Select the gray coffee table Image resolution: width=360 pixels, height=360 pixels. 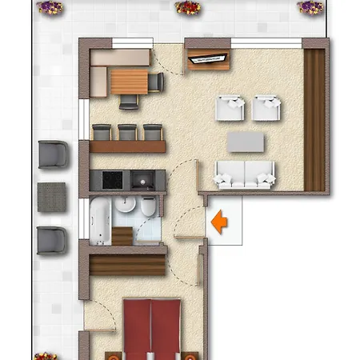[x=246, y=142]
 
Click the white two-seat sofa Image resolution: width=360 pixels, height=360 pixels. [x=245, y=174]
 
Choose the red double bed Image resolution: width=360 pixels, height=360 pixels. [x=151, y=328]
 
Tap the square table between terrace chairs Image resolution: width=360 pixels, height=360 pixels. [x=52, y=194]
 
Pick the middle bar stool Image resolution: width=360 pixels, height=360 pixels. [x=126, y=133]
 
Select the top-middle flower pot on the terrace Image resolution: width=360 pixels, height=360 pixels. [x=188, y=7]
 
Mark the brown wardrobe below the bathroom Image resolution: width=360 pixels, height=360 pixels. [x=128, y=263]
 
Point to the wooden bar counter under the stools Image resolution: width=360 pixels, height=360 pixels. [x=128, y=147]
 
